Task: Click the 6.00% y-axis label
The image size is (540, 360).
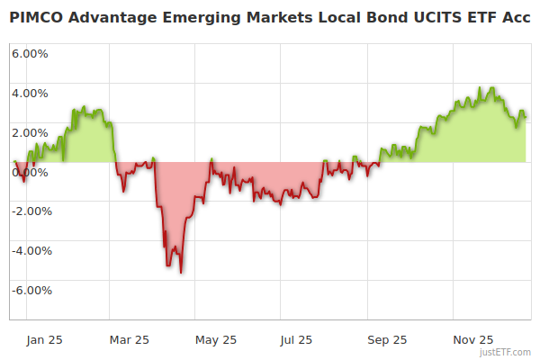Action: tap(30, 53)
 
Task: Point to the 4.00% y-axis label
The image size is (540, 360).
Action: tap(30, 93)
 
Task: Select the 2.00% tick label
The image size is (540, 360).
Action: tap(30, 132)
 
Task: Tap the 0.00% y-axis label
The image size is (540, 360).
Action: tap(30, 172)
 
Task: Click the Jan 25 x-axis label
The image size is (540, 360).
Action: tap(44, 339)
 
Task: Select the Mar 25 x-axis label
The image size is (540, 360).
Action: tap(130, 339)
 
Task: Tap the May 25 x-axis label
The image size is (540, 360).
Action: tap(216, 339)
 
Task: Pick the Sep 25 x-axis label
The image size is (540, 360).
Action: tap(388, 339)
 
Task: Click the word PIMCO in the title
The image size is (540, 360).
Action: tap(34, 18)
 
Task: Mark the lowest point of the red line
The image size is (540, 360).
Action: tap(182, 273)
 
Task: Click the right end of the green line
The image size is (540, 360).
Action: tap(526, 115)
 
